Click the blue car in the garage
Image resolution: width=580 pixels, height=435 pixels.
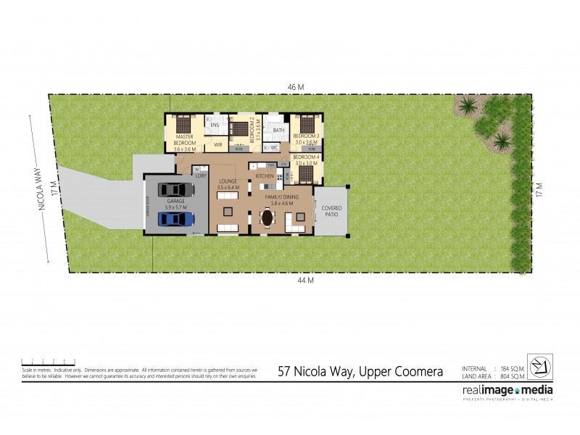172,219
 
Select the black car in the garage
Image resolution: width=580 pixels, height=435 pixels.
172,190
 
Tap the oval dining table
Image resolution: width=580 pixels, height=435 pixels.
268,217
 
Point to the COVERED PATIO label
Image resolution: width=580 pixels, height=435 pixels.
332,212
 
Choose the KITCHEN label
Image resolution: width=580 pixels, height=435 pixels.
264,176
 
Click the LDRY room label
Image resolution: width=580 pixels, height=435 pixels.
201,175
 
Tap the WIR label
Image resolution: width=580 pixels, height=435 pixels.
217,145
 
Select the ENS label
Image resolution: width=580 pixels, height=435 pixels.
215,125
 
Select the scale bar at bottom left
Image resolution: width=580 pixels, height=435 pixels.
48,361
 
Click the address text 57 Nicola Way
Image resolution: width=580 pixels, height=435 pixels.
360,371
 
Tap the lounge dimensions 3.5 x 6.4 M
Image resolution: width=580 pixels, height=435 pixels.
228,186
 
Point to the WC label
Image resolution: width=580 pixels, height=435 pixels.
274,147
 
